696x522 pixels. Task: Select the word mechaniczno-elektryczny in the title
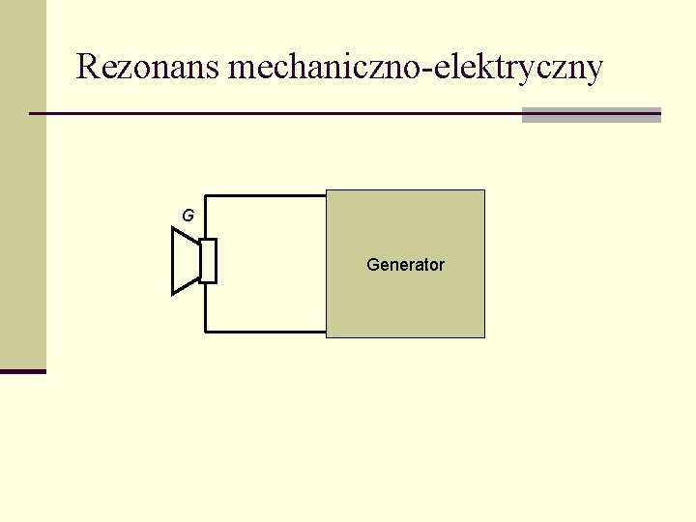pyautogui.click(x=417, y=68)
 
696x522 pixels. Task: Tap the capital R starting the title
pyautogui.click(x=87, y=68)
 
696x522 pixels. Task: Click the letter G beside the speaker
pyautogui.click(x=188, y=216)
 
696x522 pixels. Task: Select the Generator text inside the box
pyautogui.click(x=405, y=265)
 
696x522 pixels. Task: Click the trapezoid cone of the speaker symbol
pyautogui.click(x=185, y=260)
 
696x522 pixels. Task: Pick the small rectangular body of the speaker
pyautogui.click(x=208, y=260)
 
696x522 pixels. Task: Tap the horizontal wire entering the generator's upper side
pyautogui.click(x=266, y=196)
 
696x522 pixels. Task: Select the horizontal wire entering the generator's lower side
pyautogui.click(x=266, y=331)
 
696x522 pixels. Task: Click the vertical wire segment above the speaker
pyautogui.click(x=206, y=217)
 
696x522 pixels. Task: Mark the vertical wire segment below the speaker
pyautogui.click(x=206, y=307)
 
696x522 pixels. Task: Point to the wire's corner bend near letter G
pyautogui.click(x=206, y=196)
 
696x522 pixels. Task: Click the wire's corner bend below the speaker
pyautogui.click(x=206, y=331)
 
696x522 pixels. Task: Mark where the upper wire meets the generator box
pyautogui.click(x=327, y=196)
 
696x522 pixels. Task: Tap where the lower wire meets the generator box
pyautogui.click(x=327, y=331)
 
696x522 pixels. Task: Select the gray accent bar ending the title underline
pyautogui.click(x=591, y=115)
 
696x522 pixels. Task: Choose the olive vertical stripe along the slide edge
pyautogui.click(x=22, y=184)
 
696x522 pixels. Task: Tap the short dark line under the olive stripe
pyautogui.click(x=22, y=371)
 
